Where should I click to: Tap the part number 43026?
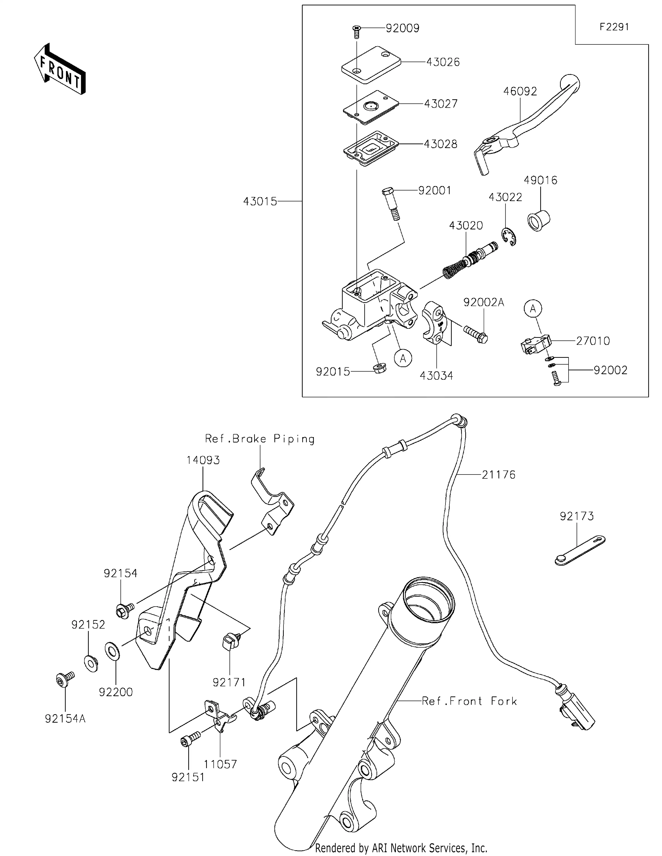pos(443,62)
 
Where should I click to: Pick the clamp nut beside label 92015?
pos(378,368)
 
